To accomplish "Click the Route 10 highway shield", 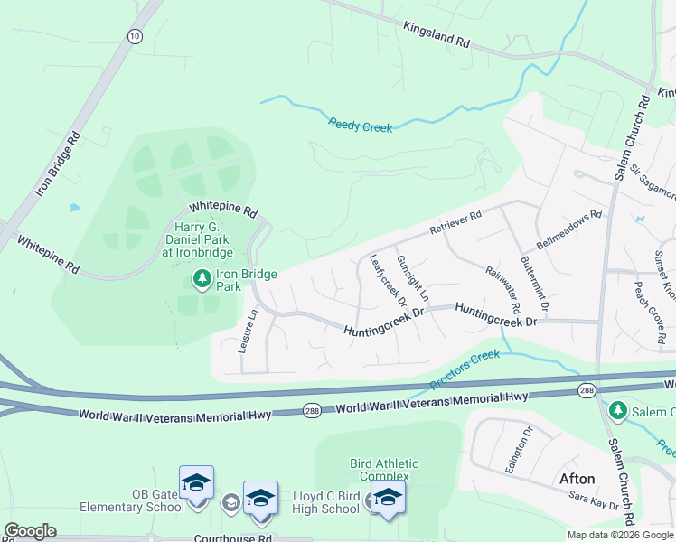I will [x=135, y=35].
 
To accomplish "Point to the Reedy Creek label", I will [x=361, y=126].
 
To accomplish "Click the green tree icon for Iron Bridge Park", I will [x=201, y=280].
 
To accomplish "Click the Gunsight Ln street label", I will [x=413, y=277].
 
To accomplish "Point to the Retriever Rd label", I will [x=456, y=222].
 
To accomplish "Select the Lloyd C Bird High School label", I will [x=325, y=502].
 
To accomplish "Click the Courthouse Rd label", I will [x=233, y=538].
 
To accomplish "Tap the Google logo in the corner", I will [x=30, y=531].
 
